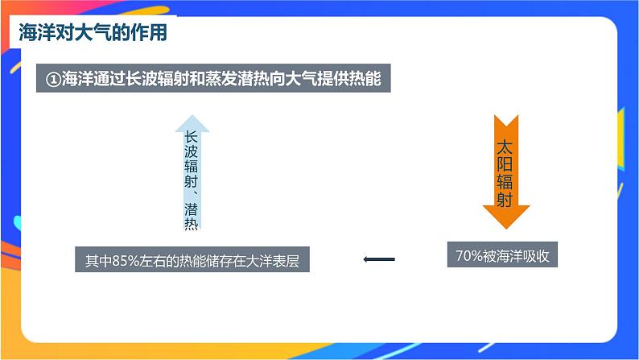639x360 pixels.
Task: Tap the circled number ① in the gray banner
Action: (54, 79)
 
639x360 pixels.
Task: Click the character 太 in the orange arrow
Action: (505, 148)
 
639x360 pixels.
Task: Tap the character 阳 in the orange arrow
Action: (505, 165)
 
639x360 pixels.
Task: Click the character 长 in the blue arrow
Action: (192, 138)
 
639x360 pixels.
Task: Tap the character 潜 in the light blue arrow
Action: (192, 209)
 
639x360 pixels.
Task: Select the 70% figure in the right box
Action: (468, 256)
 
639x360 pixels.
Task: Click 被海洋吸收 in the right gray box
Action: (516, 256)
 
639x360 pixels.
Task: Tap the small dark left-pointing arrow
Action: (379, 259)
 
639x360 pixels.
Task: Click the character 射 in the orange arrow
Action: (505, 200)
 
